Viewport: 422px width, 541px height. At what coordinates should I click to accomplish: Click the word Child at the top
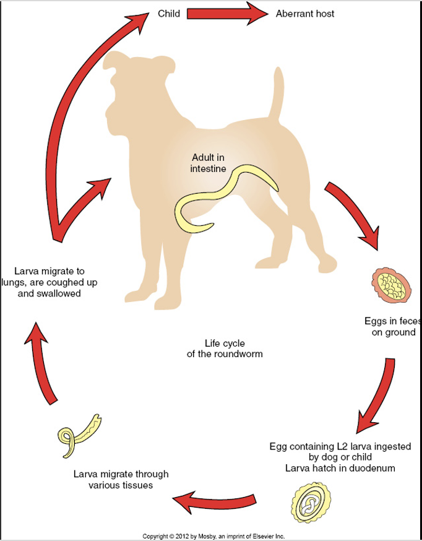click(169, 14)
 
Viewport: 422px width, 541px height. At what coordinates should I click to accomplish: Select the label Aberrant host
click(305, 14)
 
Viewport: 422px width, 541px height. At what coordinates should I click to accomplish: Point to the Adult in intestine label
click(209, 163)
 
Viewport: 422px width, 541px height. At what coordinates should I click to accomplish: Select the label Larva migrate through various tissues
click(121, 480)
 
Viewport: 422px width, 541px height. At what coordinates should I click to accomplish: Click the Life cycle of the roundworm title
click(225, 348)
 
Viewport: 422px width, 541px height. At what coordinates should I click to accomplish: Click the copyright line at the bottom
click(213, 536)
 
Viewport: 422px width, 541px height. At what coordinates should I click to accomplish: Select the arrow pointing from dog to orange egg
click(352, 216)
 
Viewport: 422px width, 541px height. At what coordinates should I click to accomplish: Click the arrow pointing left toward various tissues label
click(214, 499)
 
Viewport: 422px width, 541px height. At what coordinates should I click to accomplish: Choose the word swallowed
click(58, 293)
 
